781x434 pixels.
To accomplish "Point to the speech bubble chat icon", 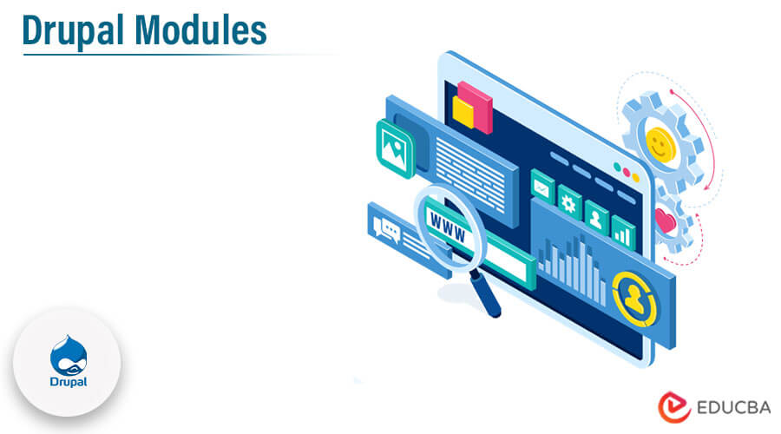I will [384, 227].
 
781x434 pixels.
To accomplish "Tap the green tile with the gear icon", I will [569, 202].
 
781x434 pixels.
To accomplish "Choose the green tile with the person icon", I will [596, 216].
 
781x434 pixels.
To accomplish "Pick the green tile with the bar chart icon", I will [623, 231].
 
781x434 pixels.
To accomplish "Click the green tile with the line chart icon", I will [543, 186].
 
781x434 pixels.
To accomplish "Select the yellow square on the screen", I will [463, 111].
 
